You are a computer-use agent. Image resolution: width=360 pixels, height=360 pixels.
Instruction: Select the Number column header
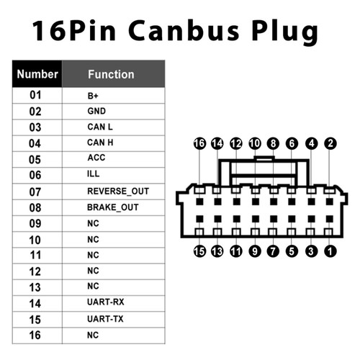pos(37,73)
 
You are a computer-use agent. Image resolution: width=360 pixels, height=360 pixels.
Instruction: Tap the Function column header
pos(111,73)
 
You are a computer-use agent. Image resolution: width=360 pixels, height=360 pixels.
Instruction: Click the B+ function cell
pos(93,94)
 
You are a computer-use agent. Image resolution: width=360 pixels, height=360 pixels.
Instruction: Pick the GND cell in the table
pos(96,111)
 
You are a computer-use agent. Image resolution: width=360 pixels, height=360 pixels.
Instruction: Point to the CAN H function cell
pos(100,143)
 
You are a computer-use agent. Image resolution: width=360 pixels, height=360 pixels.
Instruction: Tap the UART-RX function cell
pos(105,302)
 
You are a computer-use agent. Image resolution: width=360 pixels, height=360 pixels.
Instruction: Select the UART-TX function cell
pos(105,318)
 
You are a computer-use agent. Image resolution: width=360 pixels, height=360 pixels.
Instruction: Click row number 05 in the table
pos(35,159)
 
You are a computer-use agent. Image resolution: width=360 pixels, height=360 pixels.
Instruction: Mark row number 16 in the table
pos(35,335)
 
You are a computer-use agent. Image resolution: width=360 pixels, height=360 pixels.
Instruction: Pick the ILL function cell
pos(93,174)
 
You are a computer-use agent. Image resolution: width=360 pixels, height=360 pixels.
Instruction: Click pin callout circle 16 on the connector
pos(199,143)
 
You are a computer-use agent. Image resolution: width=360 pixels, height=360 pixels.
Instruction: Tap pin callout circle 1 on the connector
pos(330,251)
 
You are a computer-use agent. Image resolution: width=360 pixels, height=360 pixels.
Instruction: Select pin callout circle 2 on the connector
pos(330,143)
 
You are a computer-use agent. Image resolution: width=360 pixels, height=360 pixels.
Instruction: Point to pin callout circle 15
pos(199,251)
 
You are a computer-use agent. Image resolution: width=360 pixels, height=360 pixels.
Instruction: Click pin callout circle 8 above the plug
pos(273,143)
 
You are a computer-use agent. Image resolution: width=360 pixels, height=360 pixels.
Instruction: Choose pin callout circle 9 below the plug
pos(255,251)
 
